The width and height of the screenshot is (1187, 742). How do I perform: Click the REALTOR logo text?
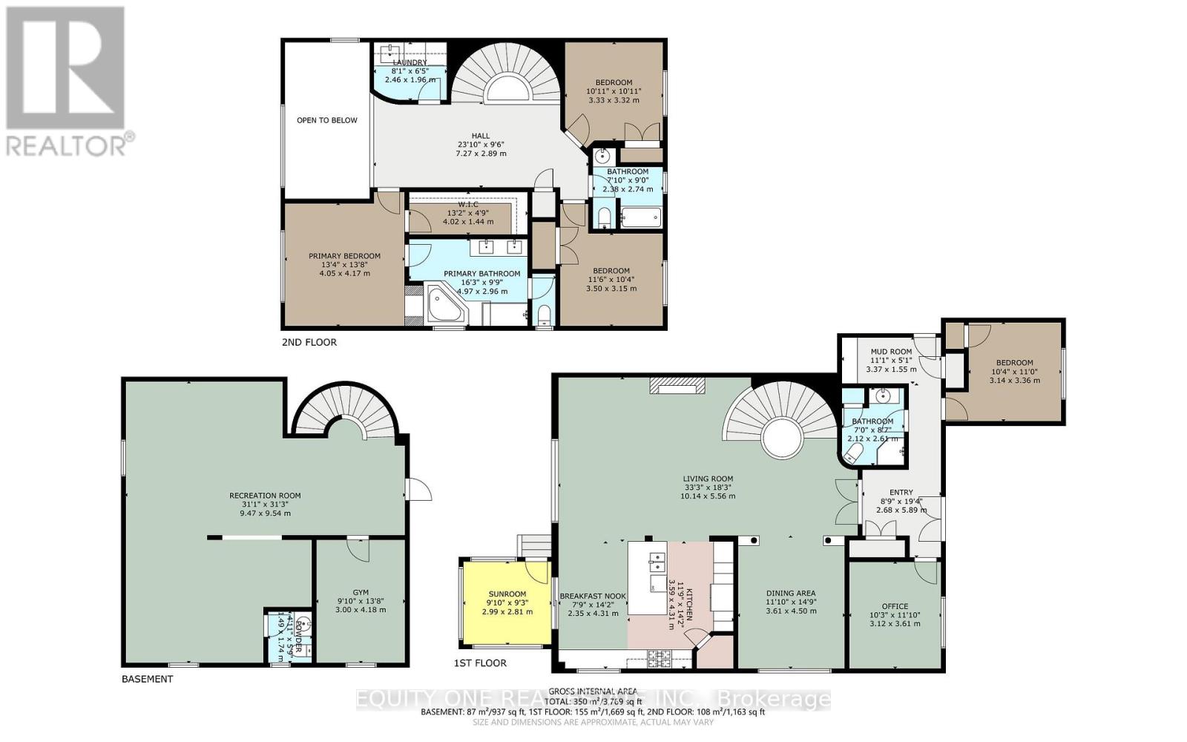pos(70,144)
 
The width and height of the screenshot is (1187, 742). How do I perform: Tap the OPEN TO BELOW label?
pos(326,120)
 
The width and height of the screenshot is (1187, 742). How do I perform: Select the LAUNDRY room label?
pos(410,62)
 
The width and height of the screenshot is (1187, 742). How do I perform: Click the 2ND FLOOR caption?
pos(309,342)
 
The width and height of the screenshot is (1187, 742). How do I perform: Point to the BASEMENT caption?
pos(147,679)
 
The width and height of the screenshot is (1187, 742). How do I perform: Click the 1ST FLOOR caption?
pos(480,663)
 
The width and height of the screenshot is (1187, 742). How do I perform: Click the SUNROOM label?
pos(507,594)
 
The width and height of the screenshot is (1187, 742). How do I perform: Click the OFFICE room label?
pos(895,606)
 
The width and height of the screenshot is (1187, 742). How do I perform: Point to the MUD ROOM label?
pos(891,352)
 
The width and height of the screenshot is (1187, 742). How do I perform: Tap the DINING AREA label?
pos(791,593)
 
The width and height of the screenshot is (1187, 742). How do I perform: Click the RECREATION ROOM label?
pos(265,496)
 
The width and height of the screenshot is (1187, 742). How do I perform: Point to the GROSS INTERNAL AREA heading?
pos(592,691)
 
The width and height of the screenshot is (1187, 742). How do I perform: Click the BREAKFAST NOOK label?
pos(592,596)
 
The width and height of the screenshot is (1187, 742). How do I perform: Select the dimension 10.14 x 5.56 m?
pos(708,496)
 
